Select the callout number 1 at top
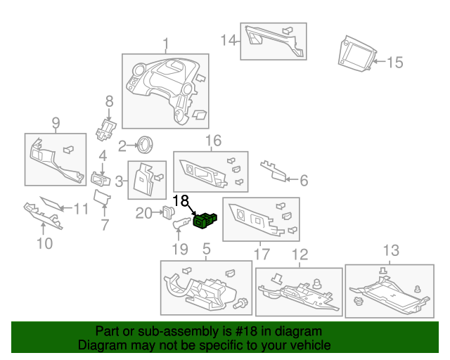[166, 45]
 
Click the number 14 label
[229, 40]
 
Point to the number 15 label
[394, 63]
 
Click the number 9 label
[56, 124]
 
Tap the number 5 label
[206, 248]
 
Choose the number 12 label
[300, 254]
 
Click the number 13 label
[390, 250]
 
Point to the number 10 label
[44, 244]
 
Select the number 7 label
[105, 225]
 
